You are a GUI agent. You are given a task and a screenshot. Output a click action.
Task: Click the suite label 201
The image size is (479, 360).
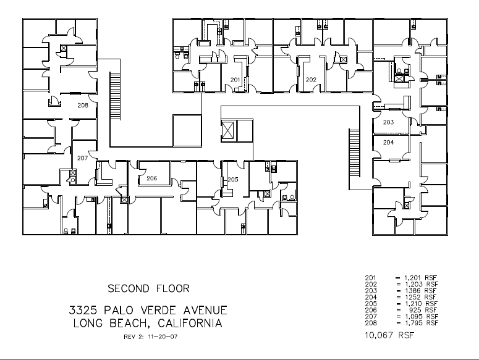235,80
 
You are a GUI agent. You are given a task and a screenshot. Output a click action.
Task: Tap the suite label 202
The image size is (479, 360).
311,80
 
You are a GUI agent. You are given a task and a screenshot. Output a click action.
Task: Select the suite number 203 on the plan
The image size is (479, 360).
388,122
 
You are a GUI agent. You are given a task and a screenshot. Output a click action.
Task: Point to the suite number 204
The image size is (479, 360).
388,142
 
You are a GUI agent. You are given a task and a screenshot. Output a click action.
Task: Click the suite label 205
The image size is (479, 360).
233,179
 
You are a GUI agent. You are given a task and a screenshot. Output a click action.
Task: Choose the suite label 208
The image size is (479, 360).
82,106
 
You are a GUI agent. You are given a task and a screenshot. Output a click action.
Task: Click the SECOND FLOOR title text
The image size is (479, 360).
148,288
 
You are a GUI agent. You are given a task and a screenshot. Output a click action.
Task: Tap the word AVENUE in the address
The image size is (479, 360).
199,310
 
